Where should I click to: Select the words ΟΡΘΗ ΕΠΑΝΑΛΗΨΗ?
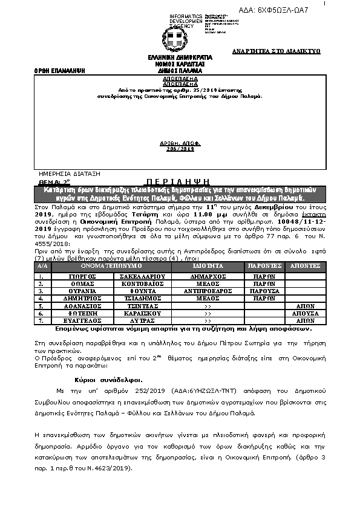coord(59,71)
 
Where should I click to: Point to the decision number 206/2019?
coord(180,148)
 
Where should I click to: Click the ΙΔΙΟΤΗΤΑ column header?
coord(208,266)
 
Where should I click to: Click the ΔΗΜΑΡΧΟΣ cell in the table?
coord(208,275)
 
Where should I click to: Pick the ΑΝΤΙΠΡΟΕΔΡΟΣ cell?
coord(208,291)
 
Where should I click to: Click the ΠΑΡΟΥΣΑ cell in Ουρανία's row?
coord(264,291)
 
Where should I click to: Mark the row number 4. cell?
coord(41,299)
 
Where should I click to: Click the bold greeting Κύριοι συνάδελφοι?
coord(109,380)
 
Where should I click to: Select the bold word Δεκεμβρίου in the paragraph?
coord(269,206)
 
